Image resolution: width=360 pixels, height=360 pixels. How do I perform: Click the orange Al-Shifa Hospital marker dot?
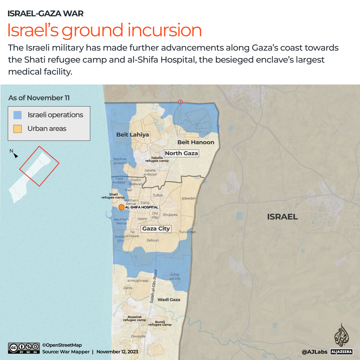[x=122, y=207]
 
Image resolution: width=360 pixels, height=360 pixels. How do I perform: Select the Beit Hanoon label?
[x=195, y=142]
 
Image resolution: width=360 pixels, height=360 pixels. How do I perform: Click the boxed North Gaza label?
[x=181, y=153]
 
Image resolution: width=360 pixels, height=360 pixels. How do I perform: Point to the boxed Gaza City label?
[x=156, y=228]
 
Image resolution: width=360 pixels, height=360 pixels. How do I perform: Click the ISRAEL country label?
[x=282, y=217]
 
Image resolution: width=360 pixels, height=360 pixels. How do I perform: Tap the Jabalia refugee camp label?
[x=157, y=159]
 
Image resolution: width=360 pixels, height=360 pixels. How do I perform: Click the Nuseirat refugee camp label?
[x=135, y=318]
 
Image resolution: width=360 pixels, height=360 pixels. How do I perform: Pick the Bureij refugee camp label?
[x=160, y=323]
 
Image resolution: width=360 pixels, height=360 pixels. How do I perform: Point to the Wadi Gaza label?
[x=169, y=300]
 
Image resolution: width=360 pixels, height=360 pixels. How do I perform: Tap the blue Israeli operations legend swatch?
[x=18, y=115]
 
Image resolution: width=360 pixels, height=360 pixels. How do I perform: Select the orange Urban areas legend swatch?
[x=18, y=129]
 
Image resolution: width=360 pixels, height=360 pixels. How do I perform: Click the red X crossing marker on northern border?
[x=180, y=102]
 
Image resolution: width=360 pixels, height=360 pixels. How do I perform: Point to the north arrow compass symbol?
[x=14, y=154]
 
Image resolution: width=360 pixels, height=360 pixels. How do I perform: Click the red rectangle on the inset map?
[x=39, y=166]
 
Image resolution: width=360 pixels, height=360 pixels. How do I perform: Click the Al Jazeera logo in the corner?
[x=341, y=340]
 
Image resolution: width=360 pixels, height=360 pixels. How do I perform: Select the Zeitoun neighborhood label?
[x=153, y=240]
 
